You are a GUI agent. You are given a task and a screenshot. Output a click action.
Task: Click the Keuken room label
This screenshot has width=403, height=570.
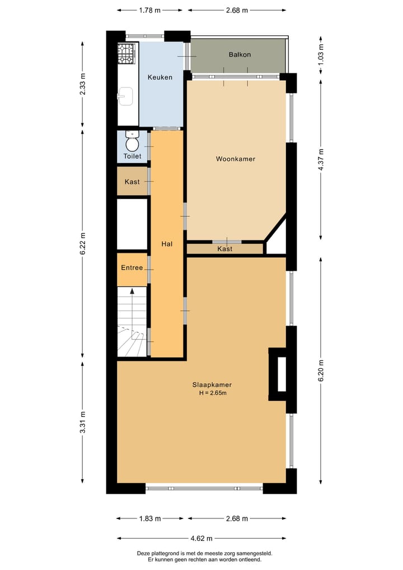click(x=160, y=77)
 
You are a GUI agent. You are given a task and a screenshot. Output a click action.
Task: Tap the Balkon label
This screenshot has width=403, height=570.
click(x=240, y=54)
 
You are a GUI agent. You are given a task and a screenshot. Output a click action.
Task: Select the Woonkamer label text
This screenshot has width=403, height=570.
click(x=236, y=159)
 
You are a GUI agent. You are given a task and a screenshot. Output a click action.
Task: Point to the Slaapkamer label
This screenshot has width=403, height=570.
click(x=212, y=385)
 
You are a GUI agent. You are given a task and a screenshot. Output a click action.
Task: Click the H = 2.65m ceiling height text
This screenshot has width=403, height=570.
click(x=212, y=393)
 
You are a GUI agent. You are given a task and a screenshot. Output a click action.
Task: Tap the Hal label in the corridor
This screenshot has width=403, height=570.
click(x=167, y=244)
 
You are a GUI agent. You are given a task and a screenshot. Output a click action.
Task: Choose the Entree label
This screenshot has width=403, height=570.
click(x=132, y=268)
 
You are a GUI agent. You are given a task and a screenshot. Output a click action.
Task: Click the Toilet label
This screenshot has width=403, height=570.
click(x=132, y=156)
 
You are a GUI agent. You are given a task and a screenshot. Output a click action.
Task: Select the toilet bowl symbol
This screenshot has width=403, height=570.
click(x=132, y=142)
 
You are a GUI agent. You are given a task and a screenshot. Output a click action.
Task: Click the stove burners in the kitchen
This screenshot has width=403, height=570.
click(x=126, y=54)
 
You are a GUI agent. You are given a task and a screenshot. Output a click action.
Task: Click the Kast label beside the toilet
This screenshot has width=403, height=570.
click(x=132, y=182)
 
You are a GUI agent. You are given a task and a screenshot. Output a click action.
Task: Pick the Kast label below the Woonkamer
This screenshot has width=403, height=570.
click(x=224, y=249)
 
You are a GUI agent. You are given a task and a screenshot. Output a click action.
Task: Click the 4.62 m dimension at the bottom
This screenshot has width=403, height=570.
click(x=201, y=539)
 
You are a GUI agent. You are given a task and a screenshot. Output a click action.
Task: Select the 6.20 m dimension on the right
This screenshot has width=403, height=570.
click(x=321, y=371)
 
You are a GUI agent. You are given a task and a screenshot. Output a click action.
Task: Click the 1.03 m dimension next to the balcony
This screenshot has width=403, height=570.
click(x=321, y=54)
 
